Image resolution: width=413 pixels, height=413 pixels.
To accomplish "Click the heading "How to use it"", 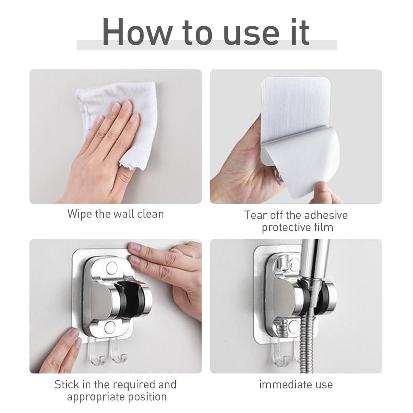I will tap(206, 32).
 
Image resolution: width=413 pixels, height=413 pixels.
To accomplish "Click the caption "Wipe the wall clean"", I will tap(115, 213).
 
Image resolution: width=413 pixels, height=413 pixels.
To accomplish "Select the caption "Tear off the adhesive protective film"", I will tap(296, 221).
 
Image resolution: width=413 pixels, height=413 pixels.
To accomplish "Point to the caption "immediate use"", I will tap(296, 384).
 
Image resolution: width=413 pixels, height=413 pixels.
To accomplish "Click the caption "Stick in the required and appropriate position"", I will tap(115, 390).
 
